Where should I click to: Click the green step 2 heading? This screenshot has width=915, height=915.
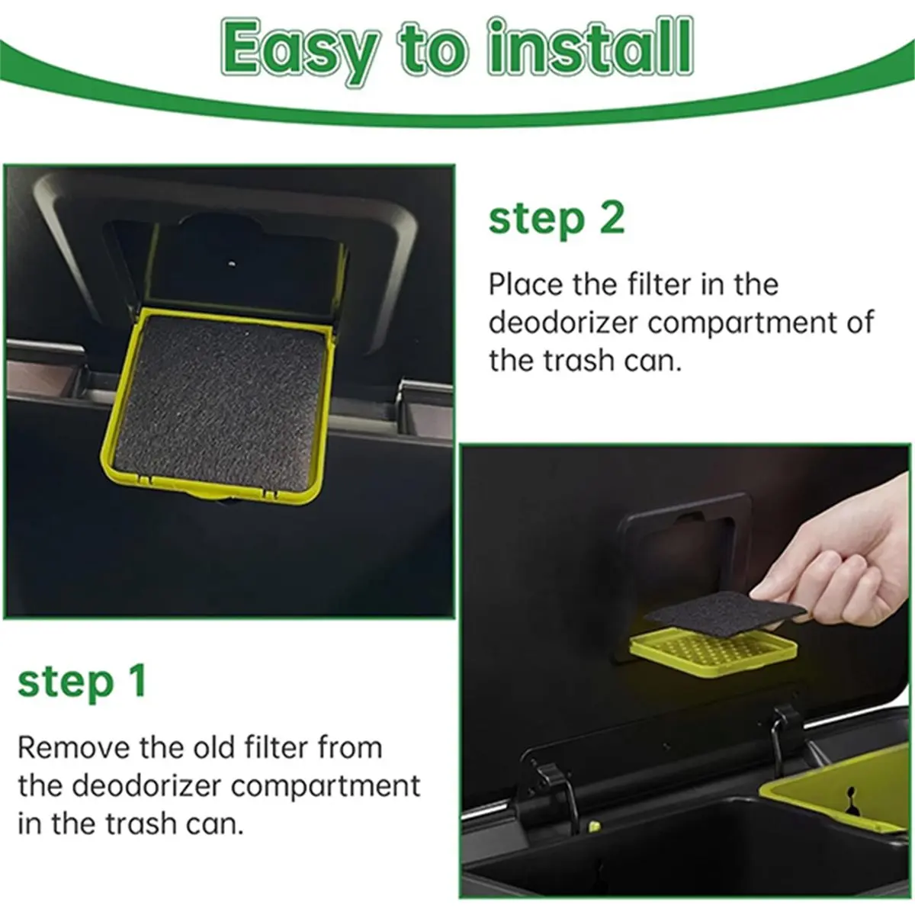click(557, 220)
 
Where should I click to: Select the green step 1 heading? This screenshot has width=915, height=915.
click(82, 682)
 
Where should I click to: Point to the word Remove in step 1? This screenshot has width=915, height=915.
click(74, 747)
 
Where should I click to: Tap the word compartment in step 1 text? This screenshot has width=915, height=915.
click(326, 787)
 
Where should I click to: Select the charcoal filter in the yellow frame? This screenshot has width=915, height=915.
click(218, 403)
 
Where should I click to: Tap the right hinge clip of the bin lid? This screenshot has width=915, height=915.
click(786, 731)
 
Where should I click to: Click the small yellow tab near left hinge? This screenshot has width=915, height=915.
click(594, 827)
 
